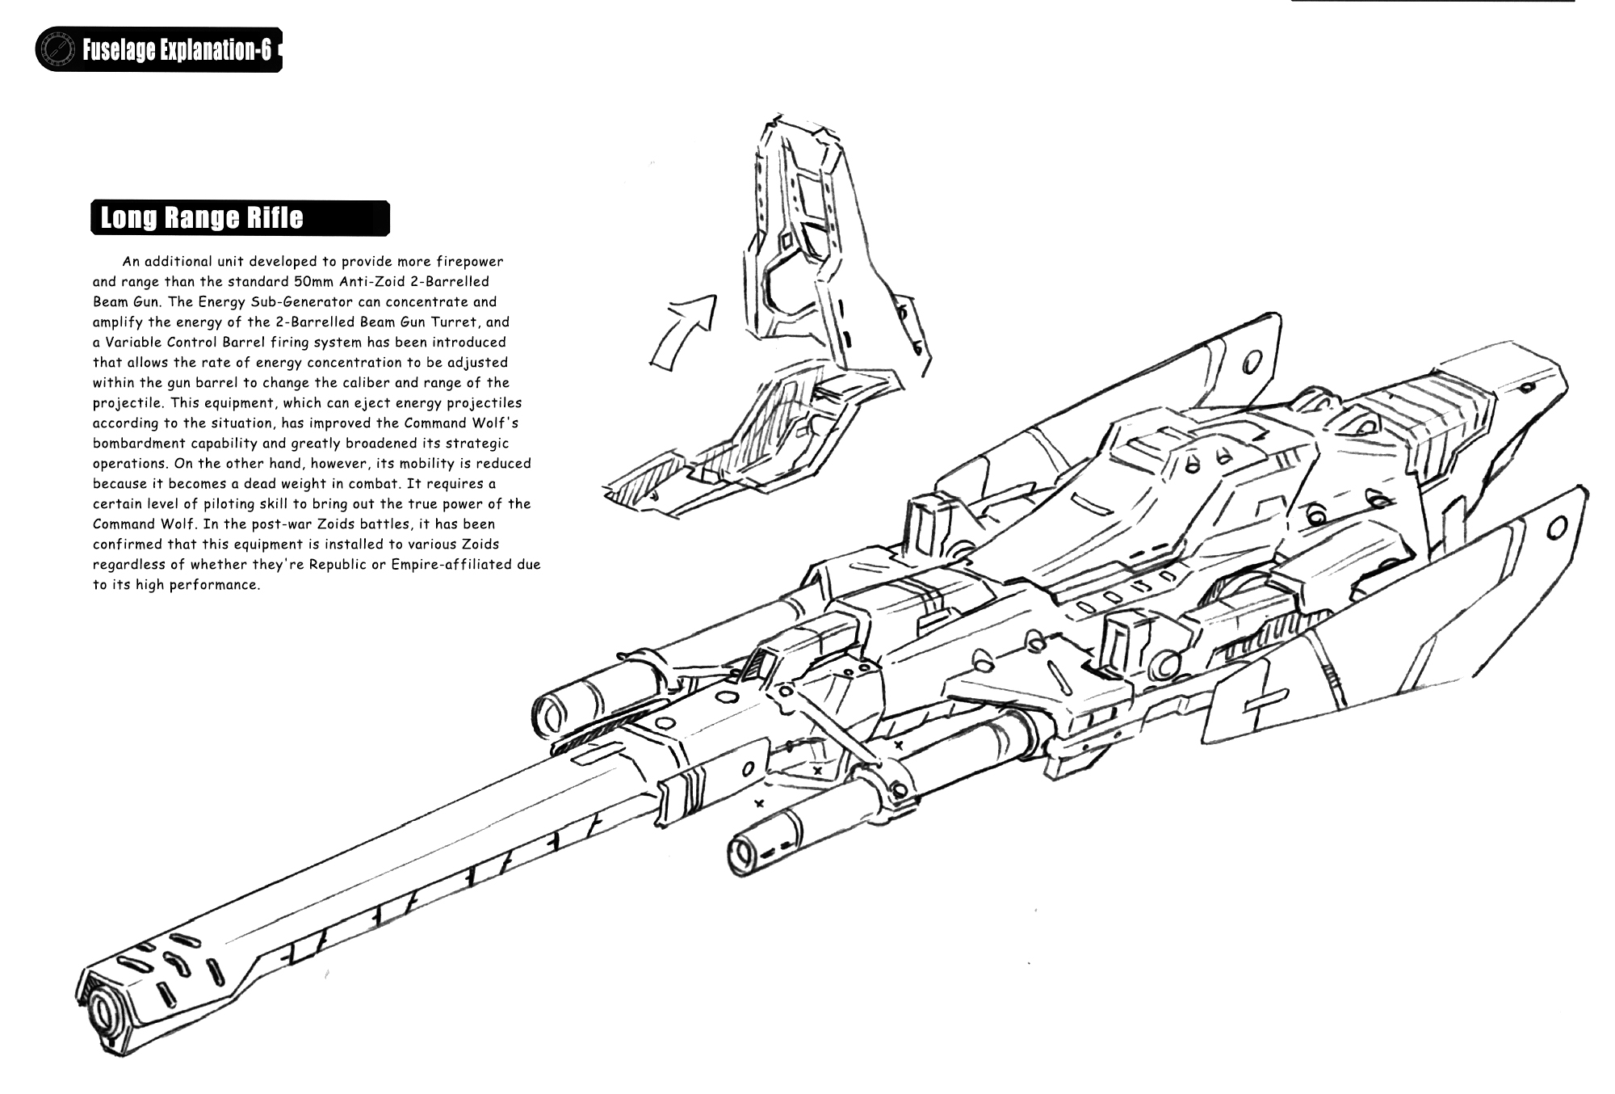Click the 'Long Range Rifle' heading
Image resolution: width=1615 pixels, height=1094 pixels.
pyautogui.click(x=202, y=218)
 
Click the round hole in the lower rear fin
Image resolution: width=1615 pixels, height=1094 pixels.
pyautogui.click(x=1557, y=527)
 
